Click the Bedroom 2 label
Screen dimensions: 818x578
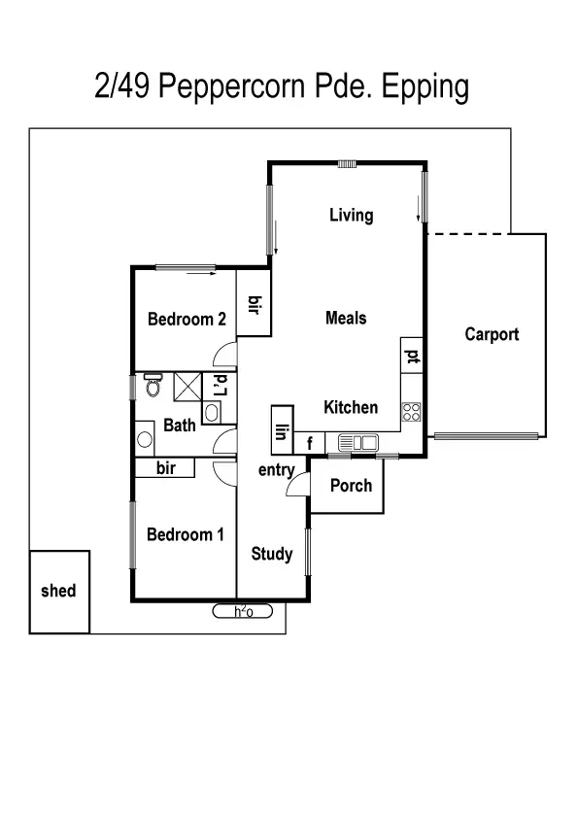tap(187, 319)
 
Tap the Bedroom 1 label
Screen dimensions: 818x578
tap(186, 534)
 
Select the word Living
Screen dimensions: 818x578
tap(351, 215)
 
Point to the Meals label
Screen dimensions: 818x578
tap(346, 318)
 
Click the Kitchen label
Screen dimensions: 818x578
tap(351, 407)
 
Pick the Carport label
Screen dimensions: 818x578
tap(492, 334)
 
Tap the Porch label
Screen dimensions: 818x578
tap(351, 485)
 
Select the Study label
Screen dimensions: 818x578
tap(272, 554)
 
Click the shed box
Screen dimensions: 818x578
tap(59, 592)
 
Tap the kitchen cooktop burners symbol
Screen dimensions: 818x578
tap(412, 412)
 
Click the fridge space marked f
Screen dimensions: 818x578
tap(310, 444)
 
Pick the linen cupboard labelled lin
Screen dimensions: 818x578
tap(283, 430)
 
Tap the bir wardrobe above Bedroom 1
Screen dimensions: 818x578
tap(165, 468)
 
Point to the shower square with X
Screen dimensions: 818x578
tap(187, 387)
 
